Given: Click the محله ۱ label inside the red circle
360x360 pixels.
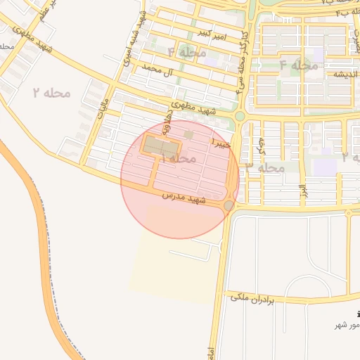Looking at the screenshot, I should coord(178,159).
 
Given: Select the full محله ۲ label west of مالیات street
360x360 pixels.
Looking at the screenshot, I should coord(53,92).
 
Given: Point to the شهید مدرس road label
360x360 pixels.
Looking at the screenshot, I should coord(184,198).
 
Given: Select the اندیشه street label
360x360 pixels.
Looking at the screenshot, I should coord(328,74).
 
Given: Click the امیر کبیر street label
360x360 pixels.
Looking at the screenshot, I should coord(212,33).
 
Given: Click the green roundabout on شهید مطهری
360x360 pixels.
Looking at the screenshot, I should coord(240,116).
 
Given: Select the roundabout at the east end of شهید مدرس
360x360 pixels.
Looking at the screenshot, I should coord(229,205).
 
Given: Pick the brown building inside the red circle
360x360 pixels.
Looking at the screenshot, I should coord(162,147).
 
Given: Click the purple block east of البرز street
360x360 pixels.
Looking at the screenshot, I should coord(326,167).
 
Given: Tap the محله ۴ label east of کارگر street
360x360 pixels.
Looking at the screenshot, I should coord(299,65).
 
